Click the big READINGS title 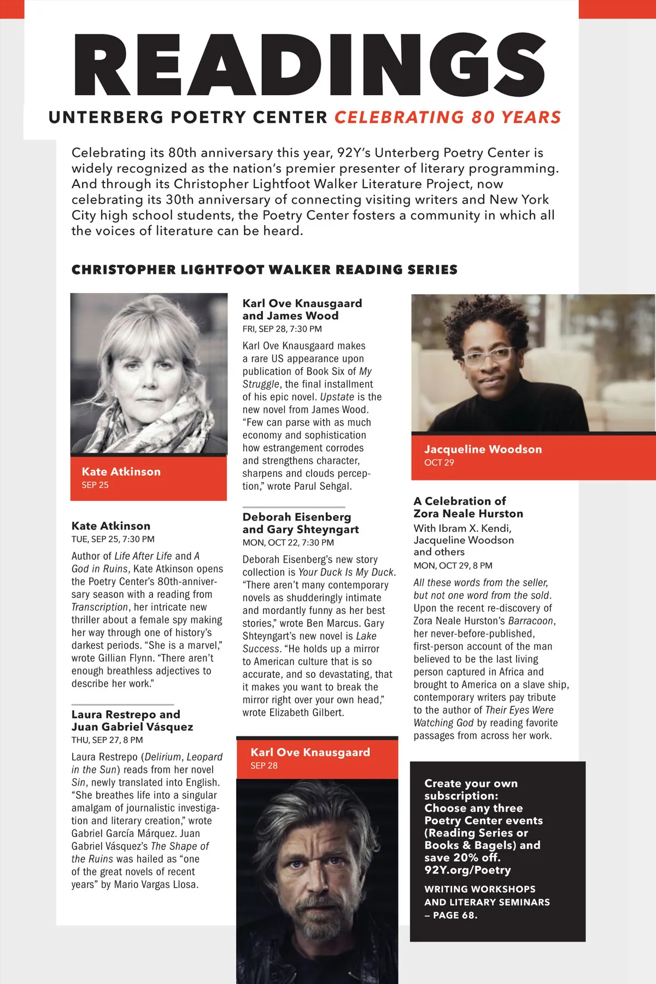click(309, 65)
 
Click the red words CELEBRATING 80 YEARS click(447, 118)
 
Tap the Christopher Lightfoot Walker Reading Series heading click(264, 270)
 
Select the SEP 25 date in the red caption click(95, 485)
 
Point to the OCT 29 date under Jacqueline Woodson click(439, 462)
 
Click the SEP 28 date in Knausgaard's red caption click(264, 765)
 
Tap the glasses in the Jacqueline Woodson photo click(488, 356)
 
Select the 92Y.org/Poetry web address click(467, 870)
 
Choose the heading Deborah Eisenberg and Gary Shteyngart click(300, 523)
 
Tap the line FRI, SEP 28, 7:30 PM click(282, 329)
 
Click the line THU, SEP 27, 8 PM click(107, 740)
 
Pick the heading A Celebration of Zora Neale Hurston click(468, 507)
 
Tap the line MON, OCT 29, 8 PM click(453, 566)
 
